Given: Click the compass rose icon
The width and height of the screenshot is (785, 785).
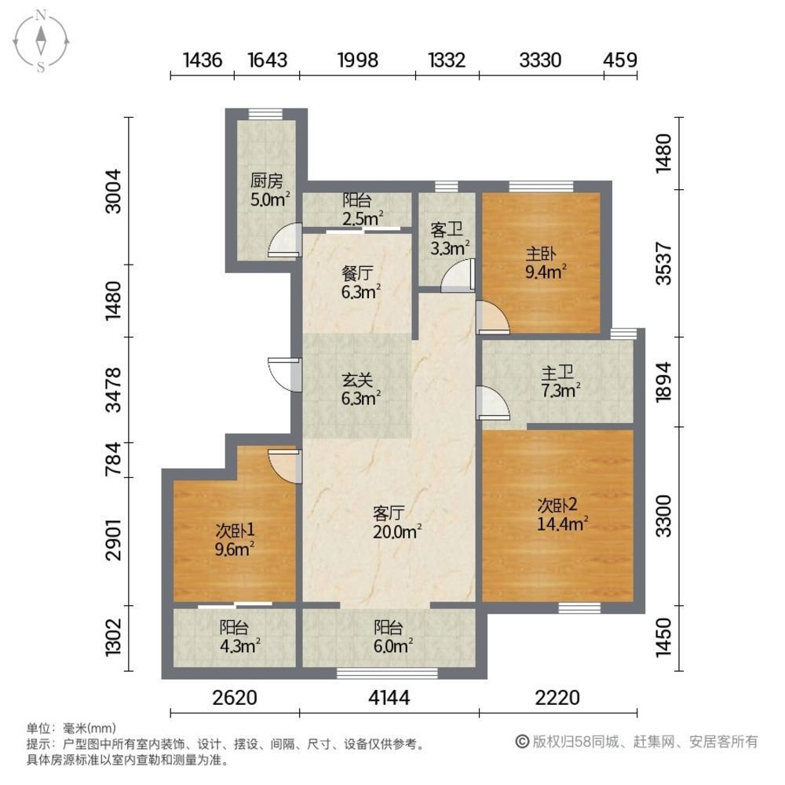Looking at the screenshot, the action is tap(41, 41).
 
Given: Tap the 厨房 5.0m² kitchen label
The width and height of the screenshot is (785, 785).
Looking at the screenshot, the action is tap(269, 190).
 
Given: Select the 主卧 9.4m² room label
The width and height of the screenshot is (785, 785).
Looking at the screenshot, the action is tap(546, 263).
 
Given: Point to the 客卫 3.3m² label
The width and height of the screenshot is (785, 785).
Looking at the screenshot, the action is tap(449, 239).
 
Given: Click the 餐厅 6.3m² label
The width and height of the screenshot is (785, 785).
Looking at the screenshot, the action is tap(360, 283).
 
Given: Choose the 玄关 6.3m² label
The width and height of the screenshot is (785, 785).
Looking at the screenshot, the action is tap(360, 389).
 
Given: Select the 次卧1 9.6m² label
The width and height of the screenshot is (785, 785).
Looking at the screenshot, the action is tap(234, 540).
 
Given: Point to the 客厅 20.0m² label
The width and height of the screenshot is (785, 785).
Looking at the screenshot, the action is tap(396, 522).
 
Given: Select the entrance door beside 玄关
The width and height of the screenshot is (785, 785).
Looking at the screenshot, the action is tap(284, 374).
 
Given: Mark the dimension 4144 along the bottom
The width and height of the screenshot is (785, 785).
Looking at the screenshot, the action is tap(389, 697).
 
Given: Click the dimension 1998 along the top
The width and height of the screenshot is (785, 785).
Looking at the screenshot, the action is tap(357, 60).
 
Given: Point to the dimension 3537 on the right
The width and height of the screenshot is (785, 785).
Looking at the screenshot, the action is tap(663, 263).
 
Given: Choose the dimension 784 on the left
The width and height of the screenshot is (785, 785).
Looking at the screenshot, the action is tap(114, 458).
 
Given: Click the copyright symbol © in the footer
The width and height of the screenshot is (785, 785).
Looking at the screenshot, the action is tap(522, 742).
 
